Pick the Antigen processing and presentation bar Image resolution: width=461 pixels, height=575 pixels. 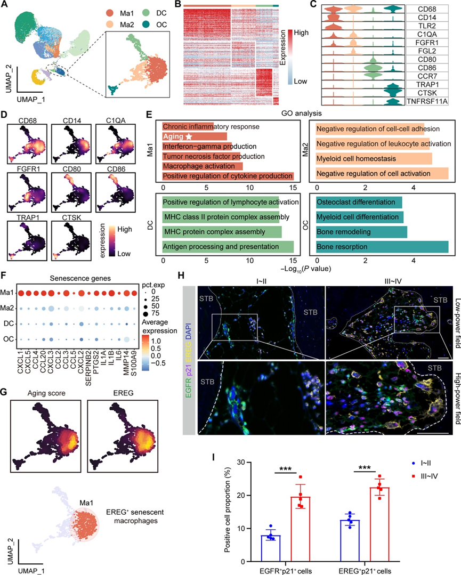(x=228, y=247)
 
